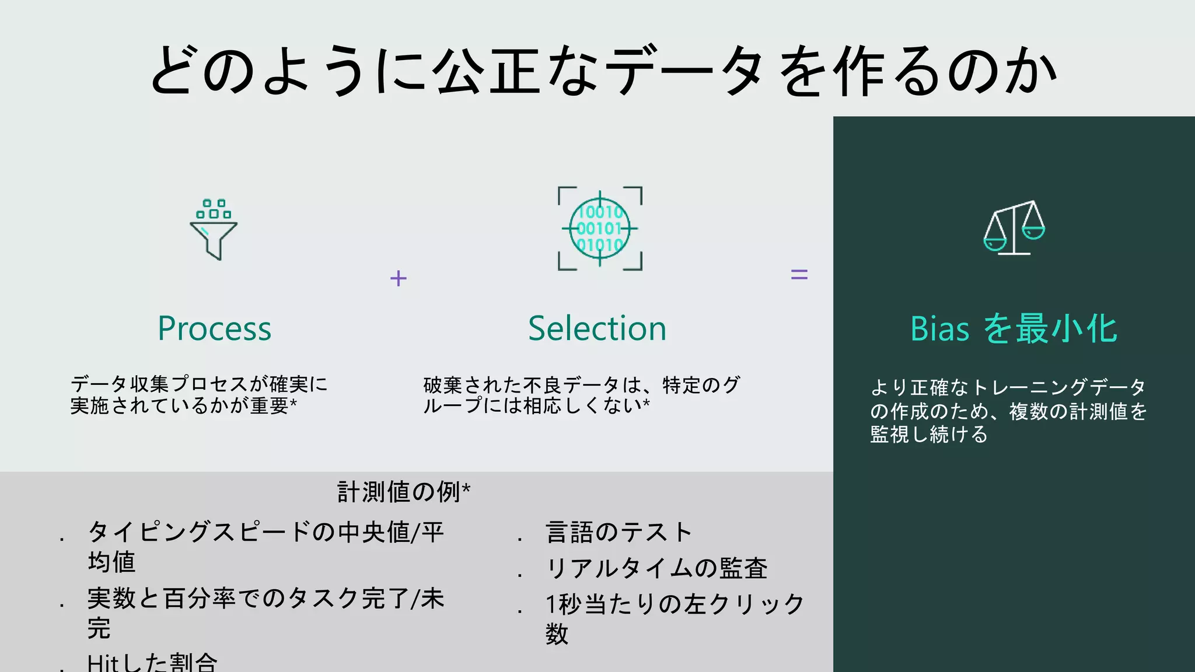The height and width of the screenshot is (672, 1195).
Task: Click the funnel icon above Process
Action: click(214, 230)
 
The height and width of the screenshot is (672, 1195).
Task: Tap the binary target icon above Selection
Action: click(600, 229)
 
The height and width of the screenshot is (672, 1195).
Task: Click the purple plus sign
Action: click(399, 278)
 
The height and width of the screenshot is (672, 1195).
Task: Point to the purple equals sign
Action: click(799, 274)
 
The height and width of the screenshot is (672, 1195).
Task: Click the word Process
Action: click(214, 328)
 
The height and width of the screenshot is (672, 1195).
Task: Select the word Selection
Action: click(597, 328)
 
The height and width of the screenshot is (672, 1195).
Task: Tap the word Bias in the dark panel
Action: click(939, 328)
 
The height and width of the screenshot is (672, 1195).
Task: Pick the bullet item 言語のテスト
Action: click(619, 532)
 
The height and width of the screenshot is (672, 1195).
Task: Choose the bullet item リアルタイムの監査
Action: click(656, 568)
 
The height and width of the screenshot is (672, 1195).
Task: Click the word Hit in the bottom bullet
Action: click(103, 663)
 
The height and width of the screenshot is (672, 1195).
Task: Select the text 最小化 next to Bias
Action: click(1066, 328)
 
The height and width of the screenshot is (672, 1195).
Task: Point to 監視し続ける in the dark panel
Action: click(929, 435)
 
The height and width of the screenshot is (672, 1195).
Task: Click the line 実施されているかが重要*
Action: click(183, 405)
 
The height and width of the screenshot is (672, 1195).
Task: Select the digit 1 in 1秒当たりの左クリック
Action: click(550, 604)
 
